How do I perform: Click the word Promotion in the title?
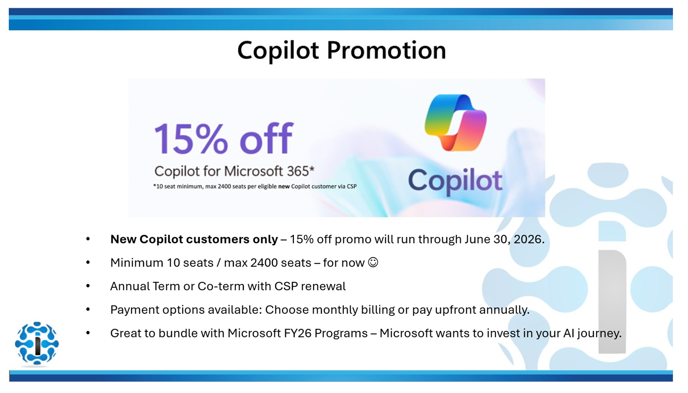coord(386,50)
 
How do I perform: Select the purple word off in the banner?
coord(266,139)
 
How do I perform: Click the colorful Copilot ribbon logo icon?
coord(455,122)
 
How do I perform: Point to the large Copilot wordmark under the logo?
coord(455,181)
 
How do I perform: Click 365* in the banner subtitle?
coord(300,171)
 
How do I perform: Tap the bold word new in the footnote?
coord(284,186)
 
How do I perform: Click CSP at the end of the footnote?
coord(351,186)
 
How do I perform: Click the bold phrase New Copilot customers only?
coord(194,239)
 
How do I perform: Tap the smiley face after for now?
coord(373,263)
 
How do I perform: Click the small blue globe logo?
coord(37,343)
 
